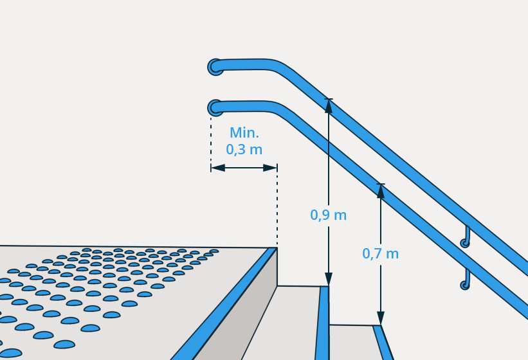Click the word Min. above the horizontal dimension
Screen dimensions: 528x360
click(x=244, y=132)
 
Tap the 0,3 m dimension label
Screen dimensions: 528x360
click(x=244, y=149)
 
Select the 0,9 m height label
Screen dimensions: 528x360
click(x=329, y=215)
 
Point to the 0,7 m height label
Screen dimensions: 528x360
click(x=381, y=253)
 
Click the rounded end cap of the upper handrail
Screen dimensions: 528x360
click(x=215, y=67)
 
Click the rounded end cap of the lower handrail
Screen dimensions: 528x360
click(x=215, y=108)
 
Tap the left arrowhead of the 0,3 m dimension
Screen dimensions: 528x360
click(x=218, y=168)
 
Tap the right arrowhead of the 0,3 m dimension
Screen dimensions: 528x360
click(x=270, y=168)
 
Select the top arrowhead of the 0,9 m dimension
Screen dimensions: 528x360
click(x=329, y=106)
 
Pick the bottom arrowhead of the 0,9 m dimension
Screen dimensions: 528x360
click(x=329, y=279)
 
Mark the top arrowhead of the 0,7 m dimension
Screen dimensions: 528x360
click(x=381, y=191)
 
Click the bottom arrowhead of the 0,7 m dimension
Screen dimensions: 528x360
click(x=381, y=318)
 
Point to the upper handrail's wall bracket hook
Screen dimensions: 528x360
click(x=466, y=237)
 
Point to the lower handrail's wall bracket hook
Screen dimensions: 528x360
click(x=465, y=279)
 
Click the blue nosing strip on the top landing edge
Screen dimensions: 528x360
click(x=224, y=304)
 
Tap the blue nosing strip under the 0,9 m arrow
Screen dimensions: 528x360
click(x=322, y=323)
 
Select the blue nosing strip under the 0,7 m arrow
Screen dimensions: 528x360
click(x=383, y=343)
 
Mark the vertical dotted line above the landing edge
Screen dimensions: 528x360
click(x=277, y=205)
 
